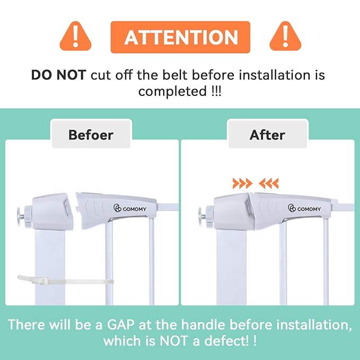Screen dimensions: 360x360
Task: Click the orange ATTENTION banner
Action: tap(180, 37)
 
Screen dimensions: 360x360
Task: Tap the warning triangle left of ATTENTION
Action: tap(75, 37)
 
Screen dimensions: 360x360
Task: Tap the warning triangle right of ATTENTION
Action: tap(285, 37)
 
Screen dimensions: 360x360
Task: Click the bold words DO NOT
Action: tap(58, 75)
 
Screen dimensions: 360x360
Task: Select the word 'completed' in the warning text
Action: tap(173, 91)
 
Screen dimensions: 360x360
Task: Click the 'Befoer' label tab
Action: tap(91, 135)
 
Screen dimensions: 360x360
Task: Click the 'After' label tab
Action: tap(267, 135)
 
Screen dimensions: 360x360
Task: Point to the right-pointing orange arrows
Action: tap(242, 183)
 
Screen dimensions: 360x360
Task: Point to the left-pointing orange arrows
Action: tap(269, 183)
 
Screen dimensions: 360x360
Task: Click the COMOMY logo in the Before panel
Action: tap(130, 208)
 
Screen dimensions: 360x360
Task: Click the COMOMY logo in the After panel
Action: tap(304, 208)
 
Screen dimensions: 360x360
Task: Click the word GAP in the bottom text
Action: tap(120, 324)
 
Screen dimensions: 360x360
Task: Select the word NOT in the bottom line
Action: tap(173, 341)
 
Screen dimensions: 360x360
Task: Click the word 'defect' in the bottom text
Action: tap(226, 341)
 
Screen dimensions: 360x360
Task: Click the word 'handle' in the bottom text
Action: tap(203, 324)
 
